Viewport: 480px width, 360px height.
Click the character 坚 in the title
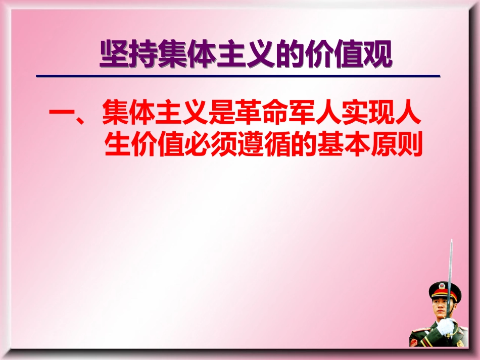[x=113, y=54]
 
